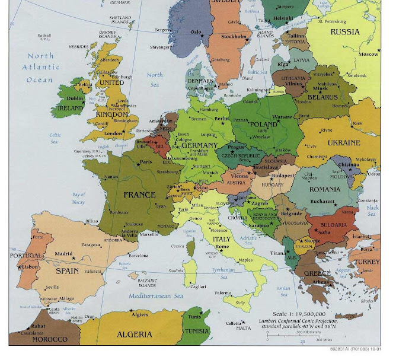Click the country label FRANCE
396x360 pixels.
click(140, 194)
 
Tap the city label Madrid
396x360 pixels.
click(63, 254)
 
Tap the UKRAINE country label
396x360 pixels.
click(344, 143)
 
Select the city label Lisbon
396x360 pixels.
click(30, 267)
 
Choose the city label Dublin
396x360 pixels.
click(75, 98)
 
